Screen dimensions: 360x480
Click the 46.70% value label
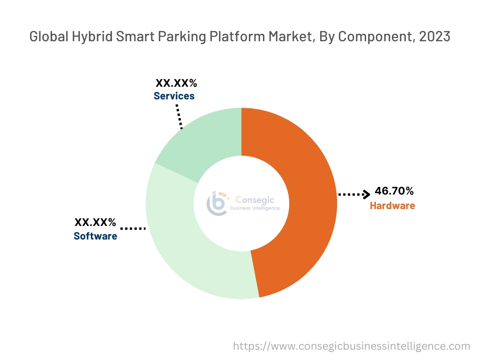click(394, 191)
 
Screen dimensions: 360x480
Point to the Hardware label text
click(392, 205)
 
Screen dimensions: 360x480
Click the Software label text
click(95, 236)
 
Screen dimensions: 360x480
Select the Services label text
click(174, 96)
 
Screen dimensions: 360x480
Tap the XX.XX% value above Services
click(176, 83)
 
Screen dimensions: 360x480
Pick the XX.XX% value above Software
click(95, 222)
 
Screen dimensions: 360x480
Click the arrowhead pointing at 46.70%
click(367, 194)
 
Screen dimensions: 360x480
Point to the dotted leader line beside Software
click(133, 228)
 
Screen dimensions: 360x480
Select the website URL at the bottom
click(352, 346)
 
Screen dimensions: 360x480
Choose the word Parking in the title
click(174, 37)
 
